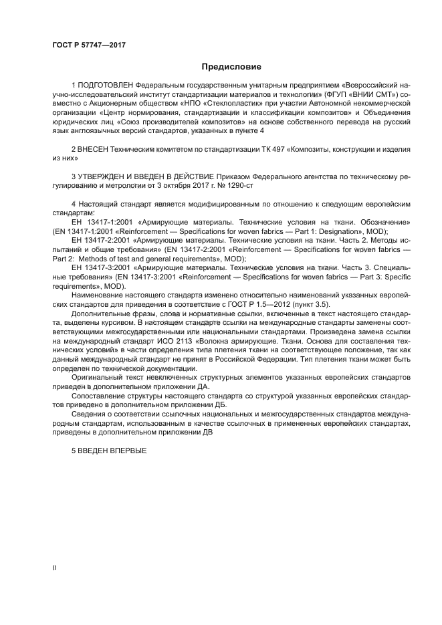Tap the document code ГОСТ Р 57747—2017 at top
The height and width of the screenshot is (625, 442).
pos(89,45)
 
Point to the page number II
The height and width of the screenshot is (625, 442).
pos(55,568)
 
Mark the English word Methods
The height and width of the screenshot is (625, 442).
pos(94,259)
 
